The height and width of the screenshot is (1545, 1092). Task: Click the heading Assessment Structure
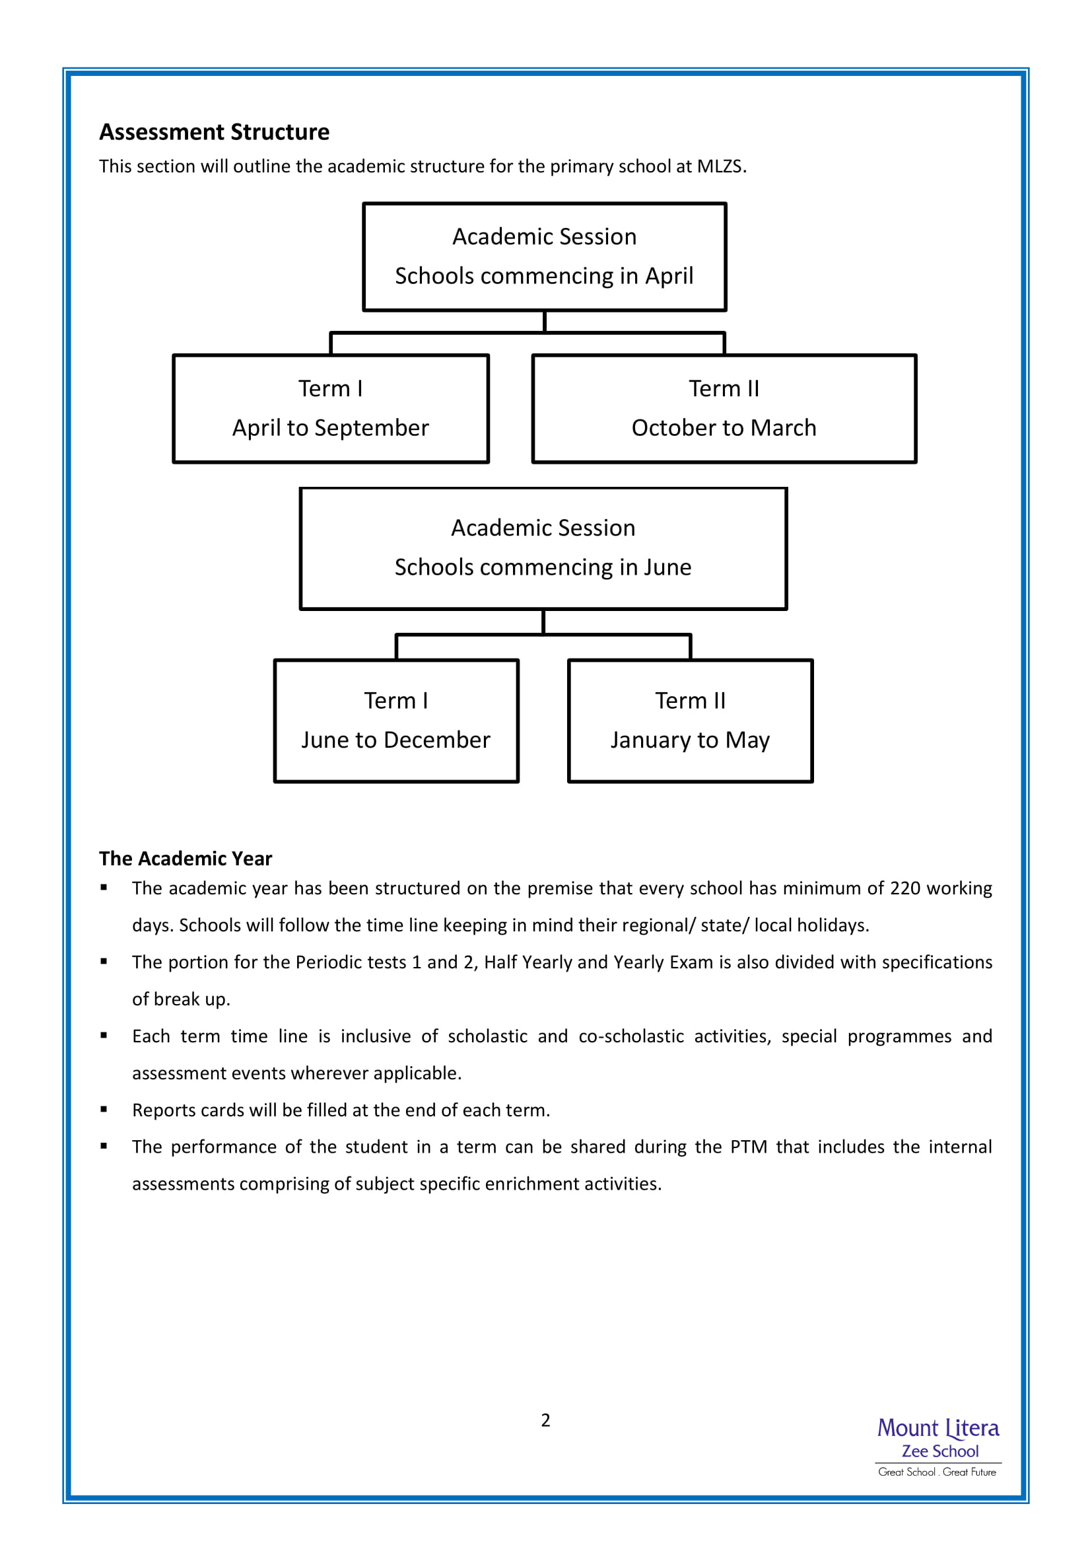point(215,132)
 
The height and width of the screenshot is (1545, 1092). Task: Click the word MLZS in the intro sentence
point(720,166)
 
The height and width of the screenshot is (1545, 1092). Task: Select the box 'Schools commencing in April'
point(545,257)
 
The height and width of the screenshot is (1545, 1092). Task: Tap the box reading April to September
point(331,409)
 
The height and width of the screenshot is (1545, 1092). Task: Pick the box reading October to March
point(724,409)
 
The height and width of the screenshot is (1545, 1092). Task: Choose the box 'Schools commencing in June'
point(543,549)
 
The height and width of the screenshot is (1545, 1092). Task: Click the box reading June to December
point(396,721)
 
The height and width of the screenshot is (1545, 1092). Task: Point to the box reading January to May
point(691,721)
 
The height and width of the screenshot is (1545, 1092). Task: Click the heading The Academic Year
point(186,859)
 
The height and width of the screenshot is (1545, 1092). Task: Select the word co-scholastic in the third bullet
point(631,1036)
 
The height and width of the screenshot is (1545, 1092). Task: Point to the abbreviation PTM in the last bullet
point(749,1147)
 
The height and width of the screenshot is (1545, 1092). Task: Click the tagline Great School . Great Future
point(938,1472)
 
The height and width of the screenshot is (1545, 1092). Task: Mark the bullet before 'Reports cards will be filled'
point(104,1110)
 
